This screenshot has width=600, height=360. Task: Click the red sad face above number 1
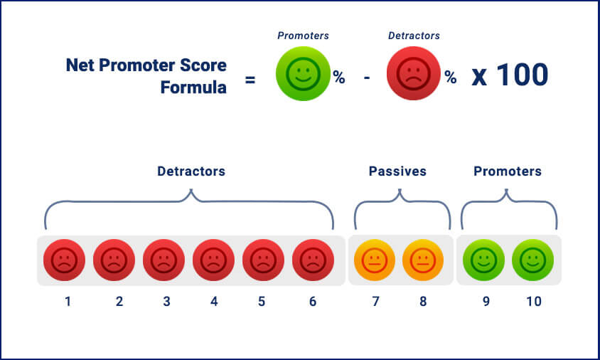click(x=64, y=260)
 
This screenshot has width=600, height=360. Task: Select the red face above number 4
click(x=213, y=260)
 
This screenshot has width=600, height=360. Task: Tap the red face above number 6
click(x=313, y=260)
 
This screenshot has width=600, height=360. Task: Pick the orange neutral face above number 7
click(x=374, y=260)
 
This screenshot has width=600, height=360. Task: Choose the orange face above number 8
click(x=423, y=260)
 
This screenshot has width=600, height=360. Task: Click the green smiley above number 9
click(x=483, y=260)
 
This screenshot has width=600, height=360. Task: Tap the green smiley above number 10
click(x=532, y=260)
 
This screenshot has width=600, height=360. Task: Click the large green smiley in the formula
click(x=303, y=73)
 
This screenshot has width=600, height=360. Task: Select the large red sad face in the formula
click(x=414, y=73)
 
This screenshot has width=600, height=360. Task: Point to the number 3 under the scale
click(x=166, y=302)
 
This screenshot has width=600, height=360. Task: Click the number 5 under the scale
click(x=262, y=302)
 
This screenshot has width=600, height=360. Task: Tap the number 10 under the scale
click(x=534, y=302)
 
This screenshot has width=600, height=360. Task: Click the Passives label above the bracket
click(x=397, y=171)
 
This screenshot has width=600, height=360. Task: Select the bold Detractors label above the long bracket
click(x=191, y=171)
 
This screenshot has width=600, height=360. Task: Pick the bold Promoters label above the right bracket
click(x=508, y=171)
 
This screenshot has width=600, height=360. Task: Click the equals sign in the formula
click(x=250, y=80)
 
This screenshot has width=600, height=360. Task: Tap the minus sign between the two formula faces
click(x=367, y=78)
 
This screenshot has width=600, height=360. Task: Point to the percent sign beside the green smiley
click(x=339, y=78)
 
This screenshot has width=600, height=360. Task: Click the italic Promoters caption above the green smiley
click(x=303, y=36)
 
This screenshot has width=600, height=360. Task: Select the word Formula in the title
click(x=193, y=88)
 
